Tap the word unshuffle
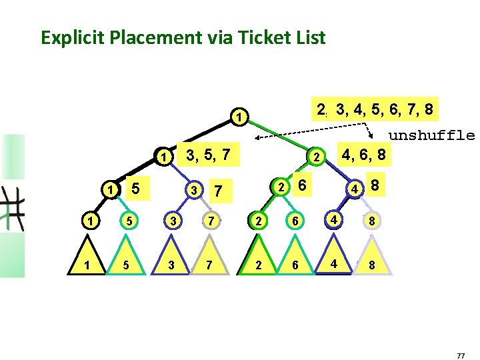point(431,136)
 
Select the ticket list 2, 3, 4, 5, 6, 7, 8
point(377,109)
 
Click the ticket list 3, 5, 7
point(208,155)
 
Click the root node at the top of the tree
point(239,119)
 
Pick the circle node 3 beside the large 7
point(194,190)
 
